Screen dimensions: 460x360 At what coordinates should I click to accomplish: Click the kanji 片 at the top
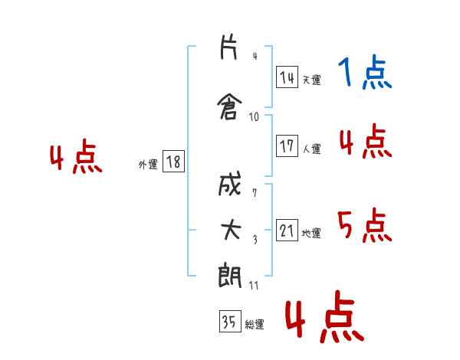coord(228,47)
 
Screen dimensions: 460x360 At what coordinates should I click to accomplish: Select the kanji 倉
coord(229,106)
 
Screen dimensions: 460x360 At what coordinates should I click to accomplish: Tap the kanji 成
coord(229,184)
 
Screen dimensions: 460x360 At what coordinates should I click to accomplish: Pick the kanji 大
coord(231,230)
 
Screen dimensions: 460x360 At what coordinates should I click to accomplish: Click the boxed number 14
coord(287,77)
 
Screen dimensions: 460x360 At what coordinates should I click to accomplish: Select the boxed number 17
coord(287,146)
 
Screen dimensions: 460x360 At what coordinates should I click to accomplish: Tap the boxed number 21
coord(287,230)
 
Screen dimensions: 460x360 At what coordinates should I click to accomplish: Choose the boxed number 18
coord(173,162)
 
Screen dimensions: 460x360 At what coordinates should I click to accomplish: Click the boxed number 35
coord(230,321)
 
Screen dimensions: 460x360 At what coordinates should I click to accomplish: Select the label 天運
coord(312,80)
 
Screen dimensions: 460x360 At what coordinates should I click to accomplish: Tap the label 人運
coord(312,149)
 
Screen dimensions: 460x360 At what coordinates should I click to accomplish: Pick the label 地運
coord(311,233)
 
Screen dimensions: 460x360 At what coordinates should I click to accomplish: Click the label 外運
coord(148,165)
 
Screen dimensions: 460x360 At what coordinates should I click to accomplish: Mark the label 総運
coord(255,325)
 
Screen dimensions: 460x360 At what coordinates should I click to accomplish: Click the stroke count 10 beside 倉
coord(254,117)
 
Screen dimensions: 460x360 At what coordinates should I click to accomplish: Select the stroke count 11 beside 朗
coord(254,286)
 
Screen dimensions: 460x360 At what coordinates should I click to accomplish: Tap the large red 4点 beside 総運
coord(324,316)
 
